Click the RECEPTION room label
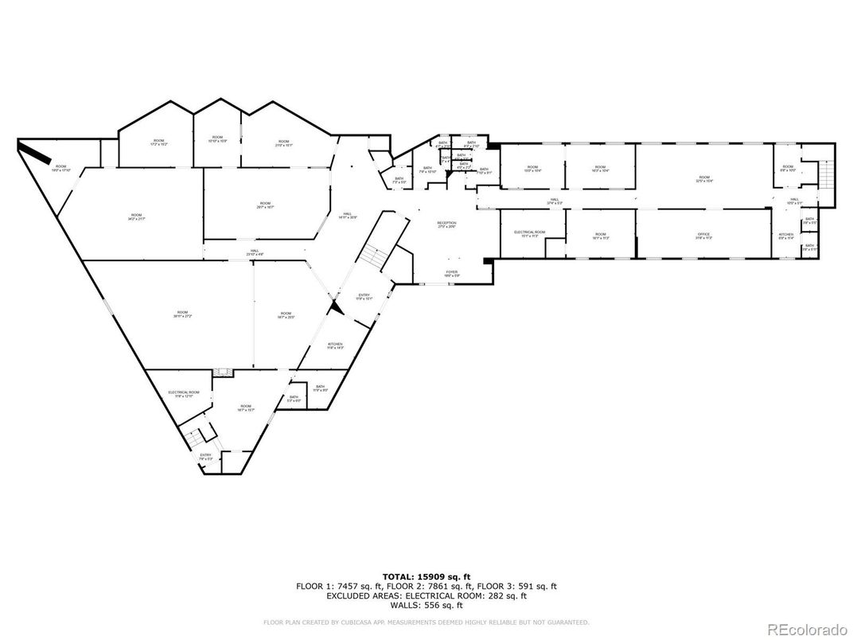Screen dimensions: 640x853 446,224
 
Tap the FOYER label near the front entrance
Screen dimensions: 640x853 451,273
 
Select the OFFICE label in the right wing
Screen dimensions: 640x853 703,236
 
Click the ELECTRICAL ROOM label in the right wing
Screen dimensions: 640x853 530,234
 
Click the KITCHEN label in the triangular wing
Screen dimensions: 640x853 335,345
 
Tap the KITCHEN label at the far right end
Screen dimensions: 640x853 786,236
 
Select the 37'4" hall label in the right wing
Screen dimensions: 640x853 555,201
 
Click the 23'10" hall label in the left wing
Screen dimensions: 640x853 255,252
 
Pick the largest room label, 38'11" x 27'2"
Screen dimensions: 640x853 182,314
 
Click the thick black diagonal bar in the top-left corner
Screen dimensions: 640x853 36,151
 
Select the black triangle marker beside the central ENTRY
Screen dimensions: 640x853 336,306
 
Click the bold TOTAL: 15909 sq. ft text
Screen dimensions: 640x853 426,576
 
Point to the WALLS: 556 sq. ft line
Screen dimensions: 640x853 426,605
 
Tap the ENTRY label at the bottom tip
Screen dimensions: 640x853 205,457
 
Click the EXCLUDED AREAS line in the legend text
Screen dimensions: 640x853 426,595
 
